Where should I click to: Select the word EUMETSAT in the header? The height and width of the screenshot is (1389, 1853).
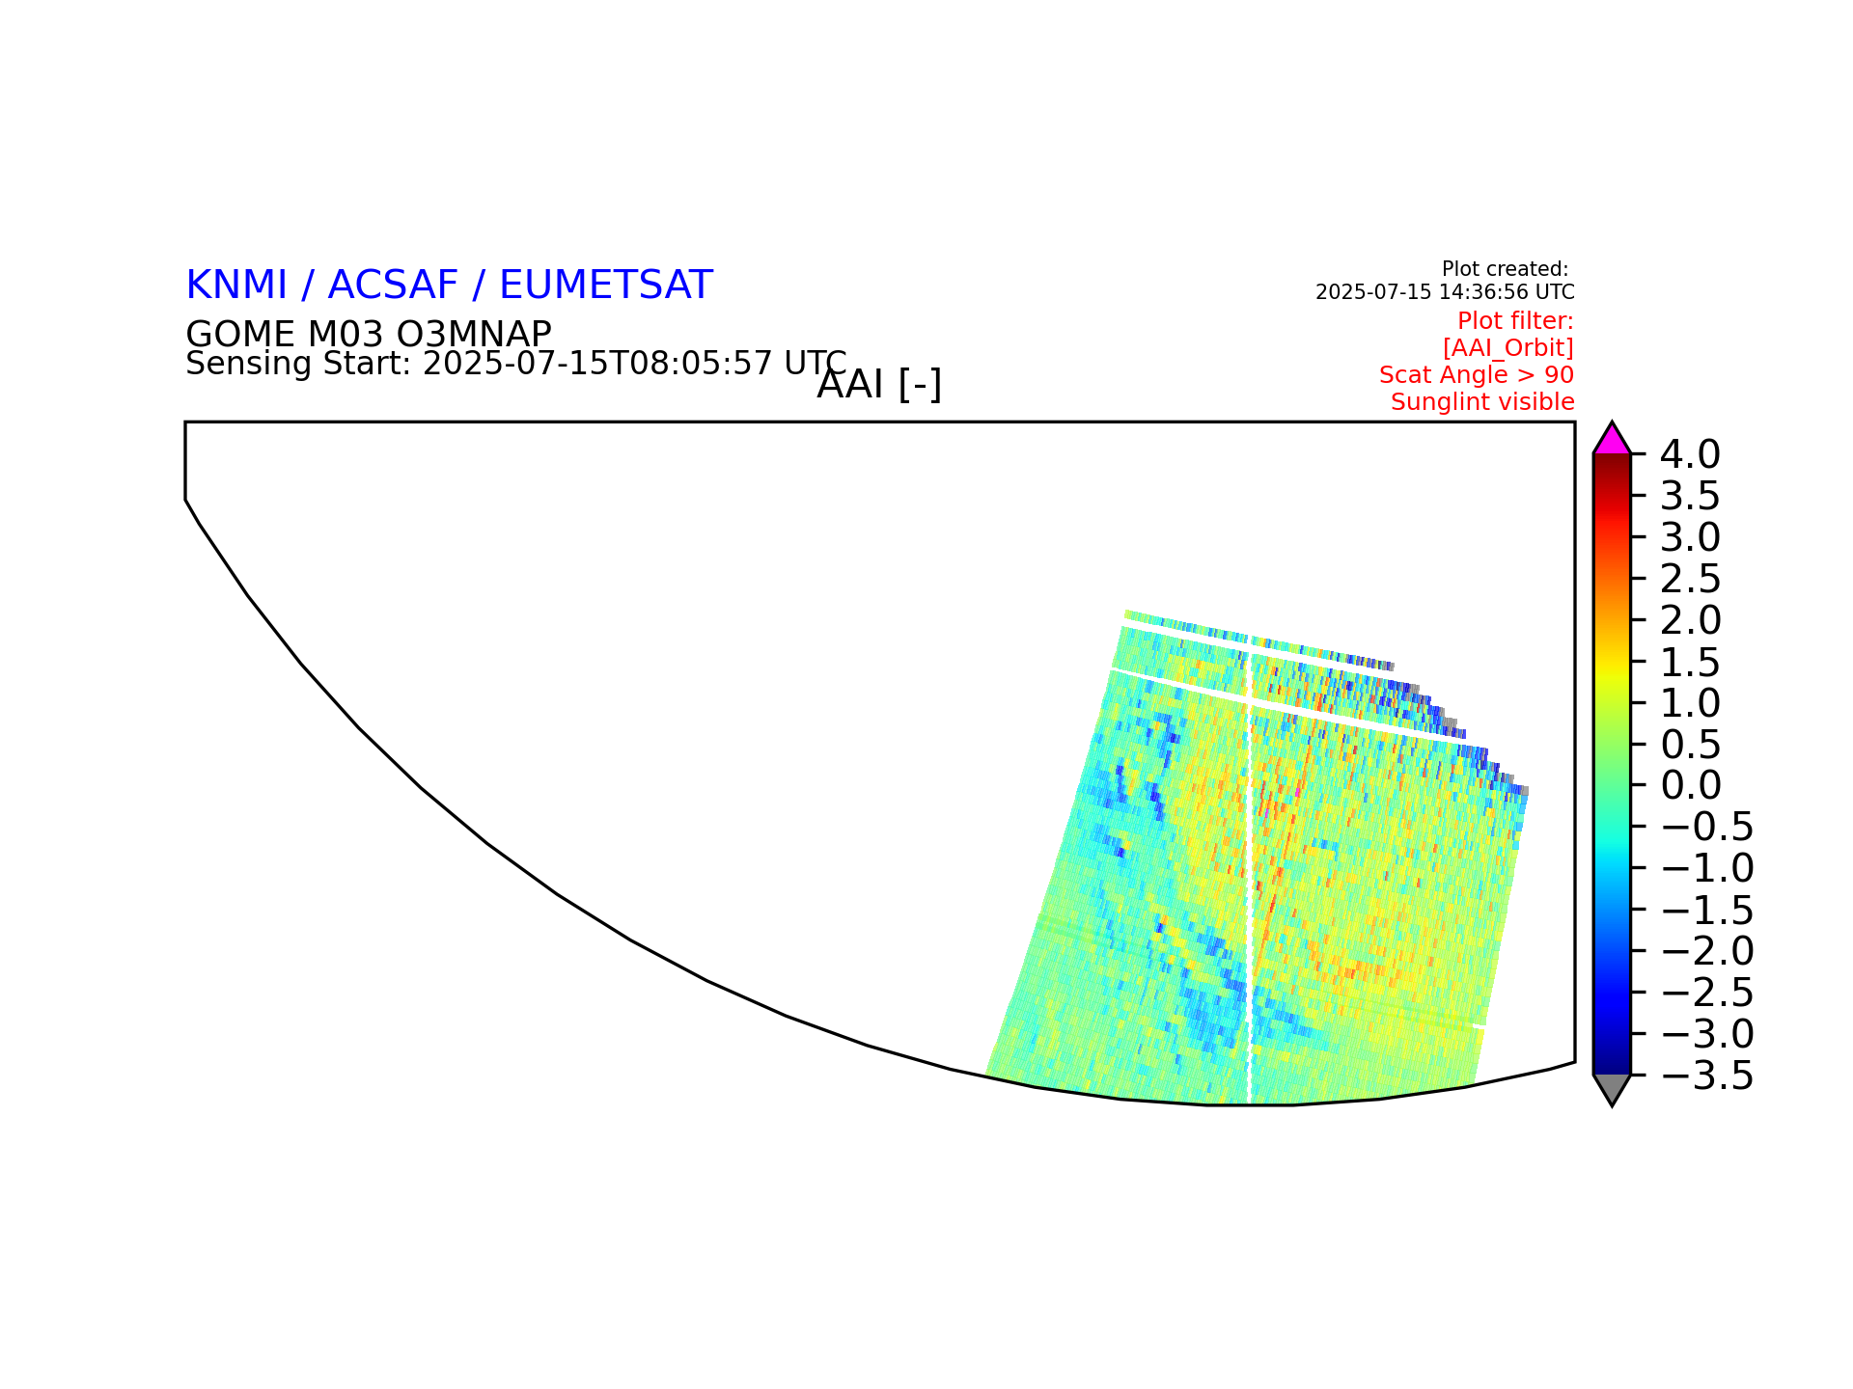click(x=606, y=286)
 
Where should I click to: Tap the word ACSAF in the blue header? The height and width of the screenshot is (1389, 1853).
click(x=393, y=286)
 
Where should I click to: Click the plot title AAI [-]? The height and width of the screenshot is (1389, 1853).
click(x=879, y=385)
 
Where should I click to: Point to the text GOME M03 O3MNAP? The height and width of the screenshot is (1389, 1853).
click(x=369, y=335)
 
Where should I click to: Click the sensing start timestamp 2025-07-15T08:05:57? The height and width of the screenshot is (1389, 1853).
click(x=597, y=364)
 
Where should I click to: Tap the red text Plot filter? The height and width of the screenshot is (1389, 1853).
click(x=1515, y=321)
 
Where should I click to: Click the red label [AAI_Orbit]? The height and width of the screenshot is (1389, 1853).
click(x=1508, y=348)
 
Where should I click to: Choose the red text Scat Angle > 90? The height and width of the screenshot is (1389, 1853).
click(x=1477, y=375)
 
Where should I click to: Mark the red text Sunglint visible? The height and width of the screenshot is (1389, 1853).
click(x=1482, y=402)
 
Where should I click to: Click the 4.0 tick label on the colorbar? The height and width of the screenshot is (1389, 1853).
click(x=1690, y=453)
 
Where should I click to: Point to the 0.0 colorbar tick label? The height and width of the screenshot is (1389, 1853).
click(x=1690, y=785)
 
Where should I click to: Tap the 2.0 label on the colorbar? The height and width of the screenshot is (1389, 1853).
click(x=1690, y=619)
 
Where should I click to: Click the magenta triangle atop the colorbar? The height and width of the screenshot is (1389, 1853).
click(x=1612, y=441)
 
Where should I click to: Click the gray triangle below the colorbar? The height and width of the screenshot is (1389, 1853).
click(x=1612, y=1087)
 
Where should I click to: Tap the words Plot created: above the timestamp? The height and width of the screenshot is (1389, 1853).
click(x=1505, y=269)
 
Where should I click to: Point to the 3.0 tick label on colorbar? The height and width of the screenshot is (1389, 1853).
click(x=1690, y=536)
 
